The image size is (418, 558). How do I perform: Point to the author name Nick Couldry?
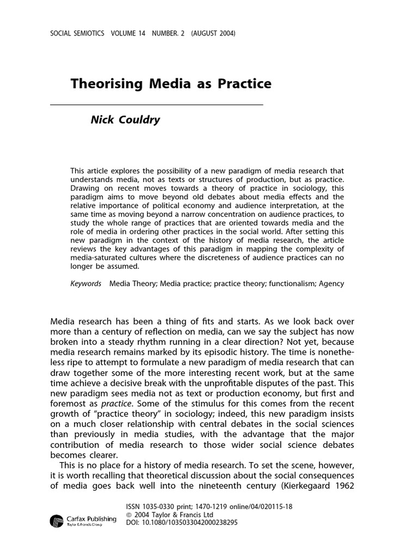pyautogui.click(x=125, y=120)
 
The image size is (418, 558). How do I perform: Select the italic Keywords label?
pyautogui.click(x=86, y=283)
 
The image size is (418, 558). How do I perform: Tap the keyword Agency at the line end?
pyautogui.click(x=331, y=283)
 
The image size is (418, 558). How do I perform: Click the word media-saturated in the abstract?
pyautogui.click(x=98, y=258)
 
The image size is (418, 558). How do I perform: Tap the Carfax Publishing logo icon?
pyautogui.click(x=57, y=521)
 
